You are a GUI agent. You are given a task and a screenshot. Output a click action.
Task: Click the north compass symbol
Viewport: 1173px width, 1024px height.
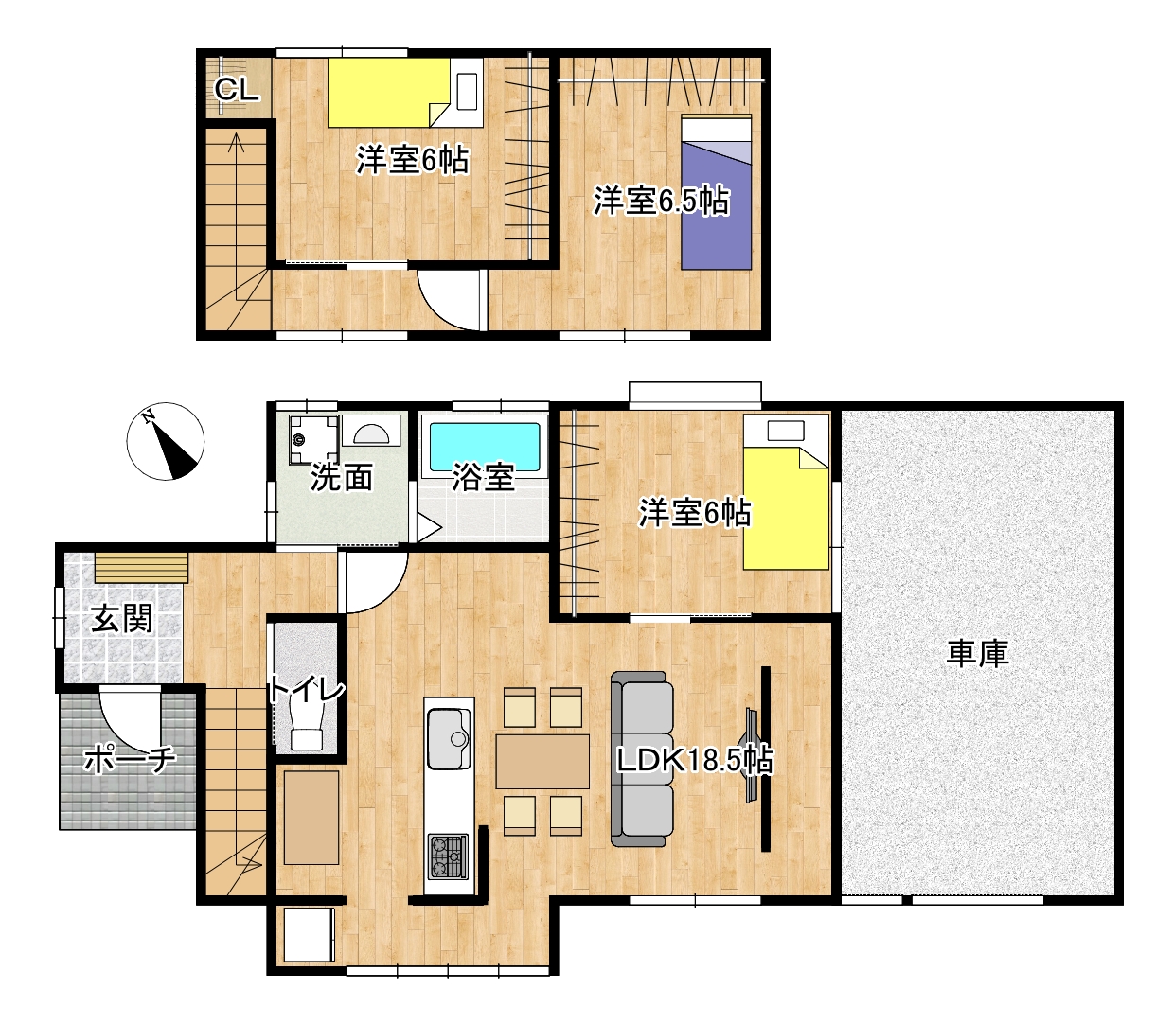(x=165, y=441)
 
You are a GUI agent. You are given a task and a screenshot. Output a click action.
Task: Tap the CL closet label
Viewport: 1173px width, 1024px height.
(x=236, y=90)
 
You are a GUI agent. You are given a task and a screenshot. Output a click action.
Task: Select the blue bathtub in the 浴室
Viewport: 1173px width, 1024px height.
(x=485, y=447)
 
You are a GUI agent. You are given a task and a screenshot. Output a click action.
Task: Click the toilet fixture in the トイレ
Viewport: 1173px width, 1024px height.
(x=308, y=727)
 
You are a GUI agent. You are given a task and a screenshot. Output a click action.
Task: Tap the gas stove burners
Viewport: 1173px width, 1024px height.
(x=448, y=856)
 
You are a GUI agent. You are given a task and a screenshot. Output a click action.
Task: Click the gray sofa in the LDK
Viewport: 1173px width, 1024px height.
(x=642, y=759)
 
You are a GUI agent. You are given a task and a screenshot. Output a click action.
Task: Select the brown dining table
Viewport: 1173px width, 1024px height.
(x=542, y=762)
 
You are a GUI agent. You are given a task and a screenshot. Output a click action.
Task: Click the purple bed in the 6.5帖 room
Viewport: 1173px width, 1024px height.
(x=716, y=192)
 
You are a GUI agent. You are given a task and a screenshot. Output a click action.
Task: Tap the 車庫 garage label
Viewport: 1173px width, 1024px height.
(x=977, y=654)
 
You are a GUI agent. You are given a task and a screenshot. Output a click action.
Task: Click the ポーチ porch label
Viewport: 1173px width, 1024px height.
(x=129, y=760)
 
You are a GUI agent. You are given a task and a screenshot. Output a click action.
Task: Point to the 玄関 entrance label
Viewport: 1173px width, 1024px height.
(x=122, y=619)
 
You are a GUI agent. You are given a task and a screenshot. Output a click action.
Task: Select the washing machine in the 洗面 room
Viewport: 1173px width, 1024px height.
(x=313, y=439)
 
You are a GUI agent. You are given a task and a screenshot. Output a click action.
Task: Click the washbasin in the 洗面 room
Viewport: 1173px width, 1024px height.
(x=370, y=432)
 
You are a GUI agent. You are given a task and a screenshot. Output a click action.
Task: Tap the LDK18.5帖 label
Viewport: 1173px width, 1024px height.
(x=695, y=760)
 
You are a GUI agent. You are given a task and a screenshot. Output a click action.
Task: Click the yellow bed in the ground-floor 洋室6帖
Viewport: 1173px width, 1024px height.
(x=786, y=492)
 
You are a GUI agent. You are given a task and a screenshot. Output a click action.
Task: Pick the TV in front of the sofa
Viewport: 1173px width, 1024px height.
(x=752, y=756)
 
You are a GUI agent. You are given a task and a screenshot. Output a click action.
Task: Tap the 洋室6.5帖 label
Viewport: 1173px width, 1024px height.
(x=662, y=202)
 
